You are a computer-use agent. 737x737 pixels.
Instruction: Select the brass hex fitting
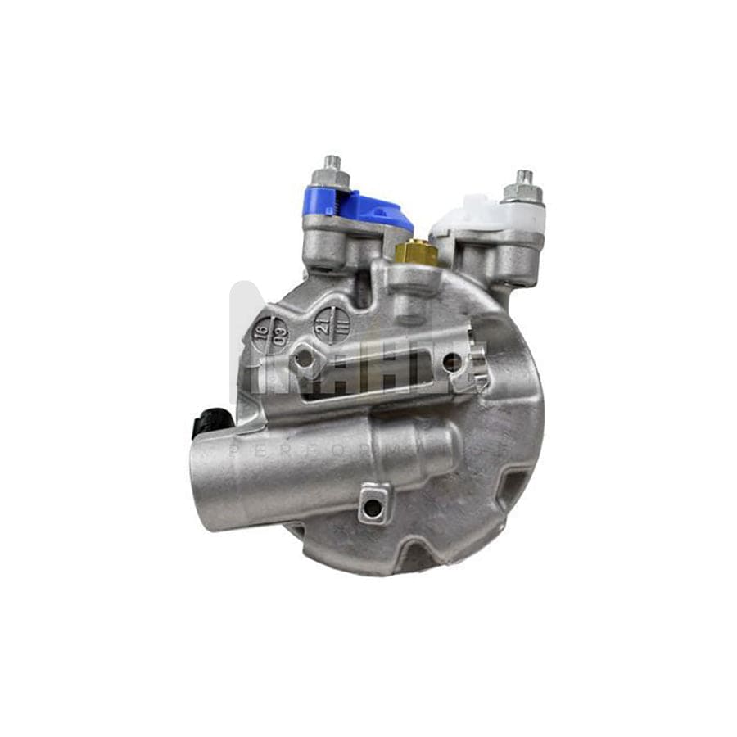(x=416, y=252)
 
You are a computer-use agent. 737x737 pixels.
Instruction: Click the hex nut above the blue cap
(x=332, y=177)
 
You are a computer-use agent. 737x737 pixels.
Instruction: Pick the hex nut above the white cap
(x=522, y=193)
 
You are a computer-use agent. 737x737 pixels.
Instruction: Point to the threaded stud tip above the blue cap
(x=332, y=161)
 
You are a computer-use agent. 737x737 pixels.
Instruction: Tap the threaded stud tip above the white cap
(x=523, y=176)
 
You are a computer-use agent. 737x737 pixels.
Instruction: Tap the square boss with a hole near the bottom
(x=373, y=504)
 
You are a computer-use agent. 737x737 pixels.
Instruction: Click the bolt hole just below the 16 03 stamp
(x=305, y=359)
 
